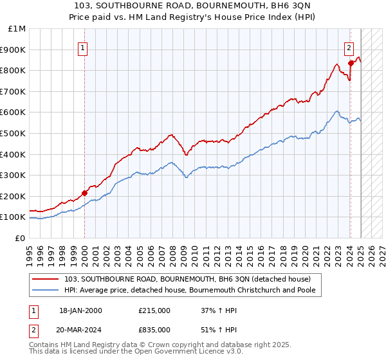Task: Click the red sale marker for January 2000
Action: (85, 192)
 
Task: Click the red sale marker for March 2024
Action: (351, 63)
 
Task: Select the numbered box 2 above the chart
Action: (349, 46)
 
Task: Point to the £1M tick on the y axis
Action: (17, 29)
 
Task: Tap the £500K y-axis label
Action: (14, 133)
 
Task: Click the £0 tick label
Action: (21, 238)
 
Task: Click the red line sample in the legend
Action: (46, 279)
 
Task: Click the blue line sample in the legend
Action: (46, 290)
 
